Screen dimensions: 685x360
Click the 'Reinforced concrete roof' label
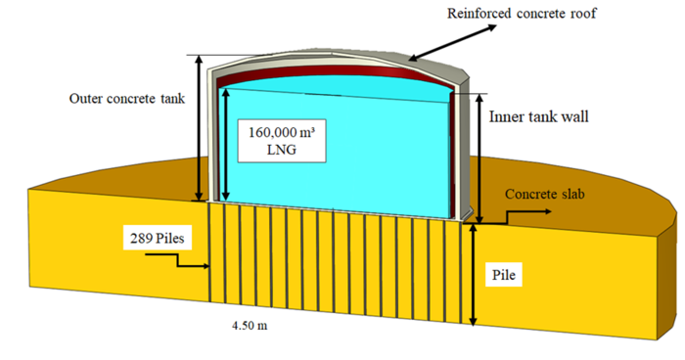click(522, 13)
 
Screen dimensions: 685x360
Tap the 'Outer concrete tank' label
click(126, 98)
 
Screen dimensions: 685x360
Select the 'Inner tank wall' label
click(538, 116)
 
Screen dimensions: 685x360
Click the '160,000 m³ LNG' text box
click(282, 141)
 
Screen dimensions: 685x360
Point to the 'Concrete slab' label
click(544, 194)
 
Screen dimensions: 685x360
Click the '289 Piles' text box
click(158, 238)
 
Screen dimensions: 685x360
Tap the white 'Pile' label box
click(504, 275)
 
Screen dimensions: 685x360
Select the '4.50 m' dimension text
click(250, 326)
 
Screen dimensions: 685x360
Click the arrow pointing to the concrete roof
click(452, 42)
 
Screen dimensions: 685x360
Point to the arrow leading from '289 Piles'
click(177, 260)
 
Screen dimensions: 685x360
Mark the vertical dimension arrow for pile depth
click(473, 275)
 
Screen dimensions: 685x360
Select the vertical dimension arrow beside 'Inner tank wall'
click(480, 158)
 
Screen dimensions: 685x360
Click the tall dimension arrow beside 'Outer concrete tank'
click(200, 127)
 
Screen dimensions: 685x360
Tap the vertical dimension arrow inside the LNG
click(225, 144)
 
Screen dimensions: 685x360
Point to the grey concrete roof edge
click(436, 62)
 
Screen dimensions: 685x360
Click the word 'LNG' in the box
click(282, 150)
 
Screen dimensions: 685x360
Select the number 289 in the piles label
click(142, 239)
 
